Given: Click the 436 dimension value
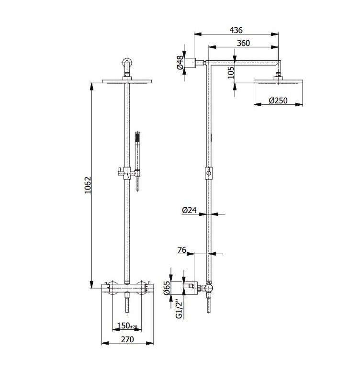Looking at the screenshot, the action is (236, 30).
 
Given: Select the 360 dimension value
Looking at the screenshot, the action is (243, 43).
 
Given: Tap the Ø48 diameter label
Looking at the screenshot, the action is (180, 63).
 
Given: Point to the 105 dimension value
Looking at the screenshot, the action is (231, 72).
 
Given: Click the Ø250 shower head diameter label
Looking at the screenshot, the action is (278, 101).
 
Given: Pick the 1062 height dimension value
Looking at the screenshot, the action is (88, 185).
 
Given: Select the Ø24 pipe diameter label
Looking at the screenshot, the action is (189, 210).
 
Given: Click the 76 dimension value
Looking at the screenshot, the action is (182, 250).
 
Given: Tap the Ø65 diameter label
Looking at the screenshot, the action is (167, 288).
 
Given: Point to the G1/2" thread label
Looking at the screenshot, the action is (179, 309).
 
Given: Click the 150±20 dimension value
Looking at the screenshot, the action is (127, 326).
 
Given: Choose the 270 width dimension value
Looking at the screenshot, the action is (127, 339).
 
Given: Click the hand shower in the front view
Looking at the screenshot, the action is (137, 161).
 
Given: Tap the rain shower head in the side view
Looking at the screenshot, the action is (278, 81).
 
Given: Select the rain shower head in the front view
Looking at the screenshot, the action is (127, 81).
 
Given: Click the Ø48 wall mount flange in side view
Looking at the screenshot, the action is (190, 63).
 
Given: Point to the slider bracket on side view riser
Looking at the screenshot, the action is (209, 173).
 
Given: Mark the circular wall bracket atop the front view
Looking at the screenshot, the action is (127, 62).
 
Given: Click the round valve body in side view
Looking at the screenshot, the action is (209, 288).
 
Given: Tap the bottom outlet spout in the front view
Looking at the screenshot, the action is (127, 302).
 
